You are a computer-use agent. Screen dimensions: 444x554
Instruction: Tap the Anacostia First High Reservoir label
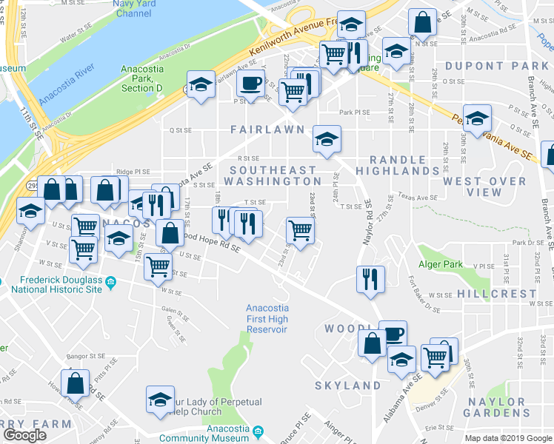[267, 318]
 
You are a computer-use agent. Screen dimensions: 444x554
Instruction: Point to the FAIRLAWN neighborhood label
[267, 129]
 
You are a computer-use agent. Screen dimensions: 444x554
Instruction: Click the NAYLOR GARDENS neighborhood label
[496, 407]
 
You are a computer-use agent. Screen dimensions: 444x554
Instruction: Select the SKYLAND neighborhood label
[347, 386]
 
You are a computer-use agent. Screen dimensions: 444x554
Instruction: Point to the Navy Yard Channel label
[133, 9]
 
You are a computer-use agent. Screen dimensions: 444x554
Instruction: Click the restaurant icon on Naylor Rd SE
[370, 279]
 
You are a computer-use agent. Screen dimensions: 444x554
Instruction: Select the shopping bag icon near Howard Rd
[75, 383]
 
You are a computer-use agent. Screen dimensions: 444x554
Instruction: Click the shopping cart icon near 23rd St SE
[300, 230]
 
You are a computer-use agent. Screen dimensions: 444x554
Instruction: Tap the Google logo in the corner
[24, 435]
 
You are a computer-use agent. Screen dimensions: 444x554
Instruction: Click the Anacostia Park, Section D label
[141, 79]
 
